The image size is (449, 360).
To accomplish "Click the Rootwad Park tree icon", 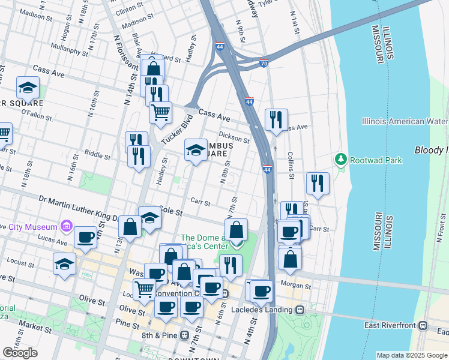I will click(x=341, y=160).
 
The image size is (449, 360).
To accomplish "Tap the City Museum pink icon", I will click(x=66, y=226).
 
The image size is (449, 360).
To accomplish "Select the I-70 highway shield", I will click(x=264, y=62).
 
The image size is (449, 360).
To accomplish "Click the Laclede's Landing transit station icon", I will click(x=298, y=310).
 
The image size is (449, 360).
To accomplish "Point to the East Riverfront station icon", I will click(x=423, y=325).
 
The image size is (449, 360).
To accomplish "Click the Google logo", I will click(x=20, y=353).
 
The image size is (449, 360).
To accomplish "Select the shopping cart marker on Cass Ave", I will click(x=160, y=112).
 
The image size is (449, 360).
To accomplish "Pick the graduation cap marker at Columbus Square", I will click(x=196, y=150).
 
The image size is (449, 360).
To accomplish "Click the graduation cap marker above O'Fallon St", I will click(x=28, y=88).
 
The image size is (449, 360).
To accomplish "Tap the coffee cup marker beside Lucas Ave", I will click(x=86, y=236).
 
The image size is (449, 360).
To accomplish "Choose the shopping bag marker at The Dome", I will click(x=237, y=230).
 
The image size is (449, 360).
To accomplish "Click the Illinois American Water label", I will click(x=405, y=121).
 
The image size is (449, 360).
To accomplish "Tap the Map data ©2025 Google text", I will click(x=412, y=355).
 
